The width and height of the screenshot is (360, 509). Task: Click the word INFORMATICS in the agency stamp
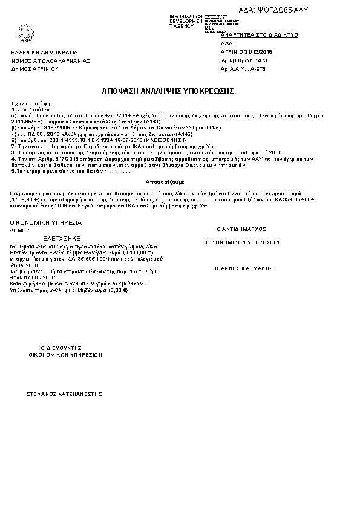coord(186,16)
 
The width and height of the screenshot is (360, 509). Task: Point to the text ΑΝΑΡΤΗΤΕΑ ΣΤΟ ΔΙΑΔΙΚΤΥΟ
coord(260,36)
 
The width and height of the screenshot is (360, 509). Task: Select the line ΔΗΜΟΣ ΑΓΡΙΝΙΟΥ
coord(34,70)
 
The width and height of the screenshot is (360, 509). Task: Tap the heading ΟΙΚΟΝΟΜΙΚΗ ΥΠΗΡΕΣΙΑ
coord(45,222)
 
